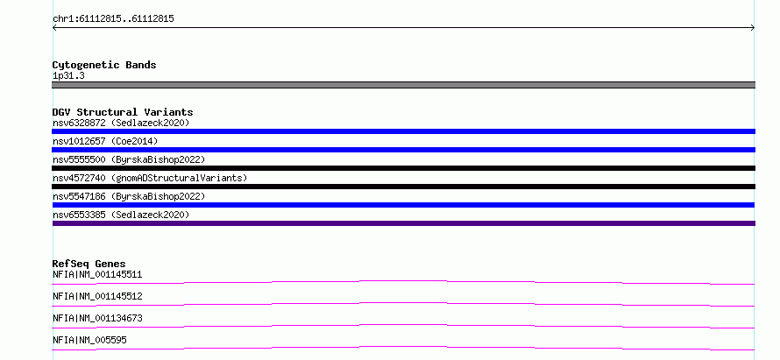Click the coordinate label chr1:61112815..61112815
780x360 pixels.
(x=113, y=19)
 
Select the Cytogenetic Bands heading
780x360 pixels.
(x=104, y=65)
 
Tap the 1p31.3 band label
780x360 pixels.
(x=68, y=75)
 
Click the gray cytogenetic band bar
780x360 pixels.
(x=403, y=85)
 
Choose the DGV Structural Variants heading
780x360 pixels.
(x=123, y=112)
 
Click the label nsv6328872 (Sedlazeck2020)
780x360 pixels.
(x=121, y=123)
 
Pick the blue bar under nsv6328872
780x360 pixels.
(x=403, y=131)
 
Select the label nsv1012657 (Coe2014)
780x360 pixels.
(x=105, y=141)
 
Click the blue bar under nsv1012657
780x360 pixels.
(x=403, y=150)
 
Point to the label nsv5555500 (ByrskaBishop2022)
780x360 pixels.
(x=129, y=159)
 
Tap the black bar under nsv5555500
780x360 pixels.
(x=403, y=168)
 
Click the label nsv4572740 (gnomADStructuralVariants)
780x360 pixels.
(x=150, y=178)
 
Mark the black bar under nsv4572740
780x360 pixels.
(x=403, y=187)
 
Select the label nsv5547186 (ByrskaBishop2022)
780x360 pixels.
(x=129, y=196)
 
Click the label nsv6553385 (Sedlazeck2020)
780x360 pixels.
(x=121, y=215)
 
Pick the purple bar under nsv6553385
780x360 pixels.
(x=404, y=223)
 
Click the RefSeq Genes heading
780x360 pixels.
(x=89, y=264)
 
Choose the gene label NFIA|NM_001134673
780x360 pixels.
(x=97, y=318)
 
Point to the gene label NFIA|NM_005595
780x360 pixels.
(x=89, y=340)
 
